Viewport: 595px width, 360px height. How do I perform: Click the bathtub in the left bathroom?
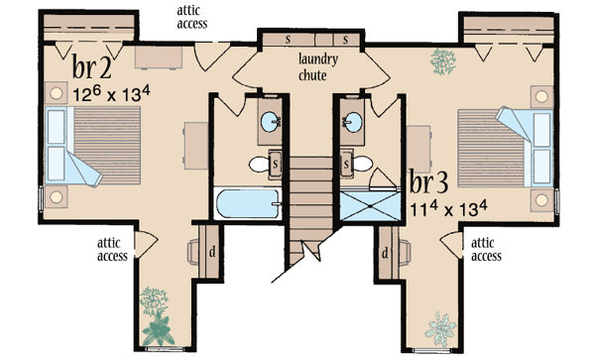(248, 206)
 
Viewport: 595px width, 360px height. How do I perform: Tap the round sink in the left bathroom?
(269, 124)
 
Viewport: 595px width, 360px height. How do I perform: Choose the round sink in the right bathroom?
(352, 124)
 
